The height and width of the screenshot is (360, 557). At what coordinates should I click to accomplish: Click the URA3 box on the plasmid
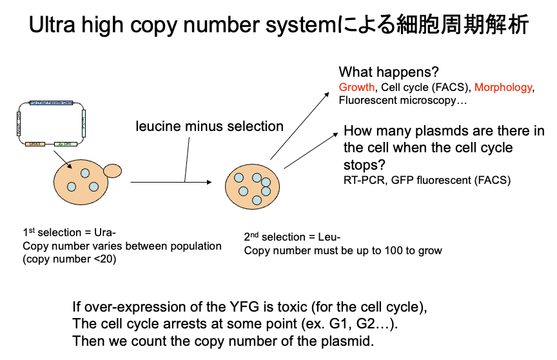click(x=35, y=143)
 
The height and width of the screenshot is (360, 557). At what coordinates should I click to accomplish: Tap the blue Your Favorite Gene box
click(x=52, y=103)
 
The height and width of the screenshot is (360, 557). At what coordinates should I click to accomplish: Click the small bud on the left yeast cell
click(x=112, y=171)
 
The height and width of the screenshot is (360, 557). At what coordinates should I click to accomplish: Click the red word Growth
click(x=357, y=87)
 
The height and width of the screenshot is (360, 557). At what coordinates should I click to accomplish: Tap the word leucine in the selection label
click(x=158, y=126)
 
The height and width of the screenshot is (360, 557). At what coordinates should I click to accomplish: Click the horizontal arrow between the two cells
click(x=171, y=183)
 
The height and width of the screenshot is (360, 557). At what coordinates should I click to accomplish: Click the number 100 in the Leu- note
click(x=378, y=250)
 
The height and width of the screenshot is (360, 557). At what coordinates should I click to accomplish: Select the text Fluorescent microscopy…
click(x=403, y=100)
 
